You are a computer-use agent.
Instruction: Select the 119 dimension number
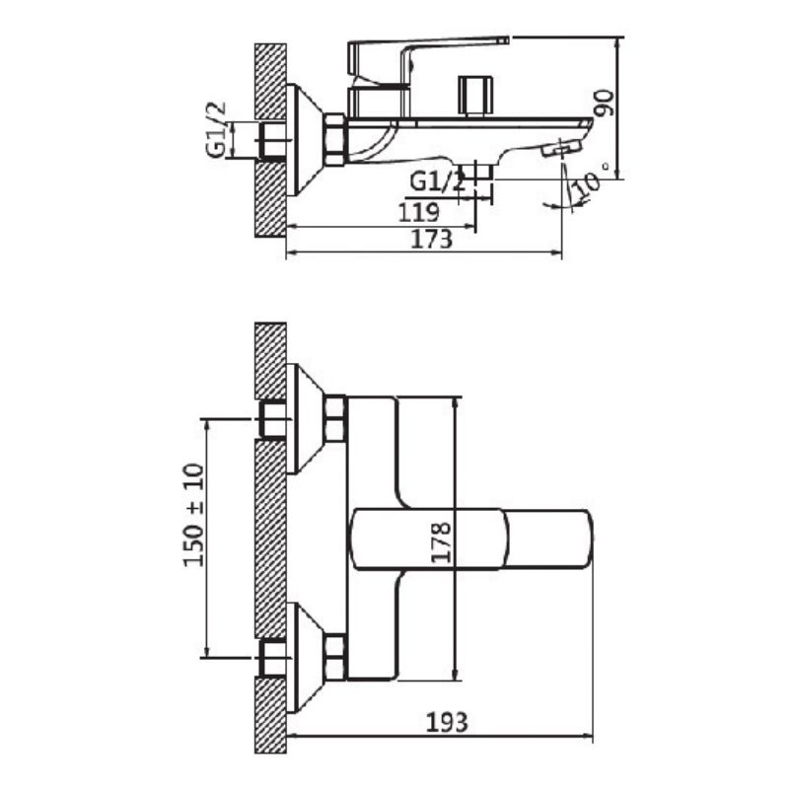tap(419, 210)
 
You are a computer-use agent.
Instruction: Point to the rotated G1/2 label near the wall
tap(216, 129)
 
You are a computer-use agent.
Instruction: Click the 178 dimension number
tap(441, 542)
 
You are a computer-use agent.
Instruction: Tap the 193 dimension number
tap(448, 721)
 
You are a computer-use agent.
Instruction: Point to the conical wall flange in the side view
tap(305, 138)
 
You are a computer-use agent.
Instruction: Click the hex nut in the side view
tap(334, 138)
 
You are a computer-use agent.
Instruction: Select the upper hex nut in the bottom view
tap(335, 417)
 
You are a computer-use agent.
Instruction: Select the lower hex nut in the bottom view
tap(335, 657)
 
